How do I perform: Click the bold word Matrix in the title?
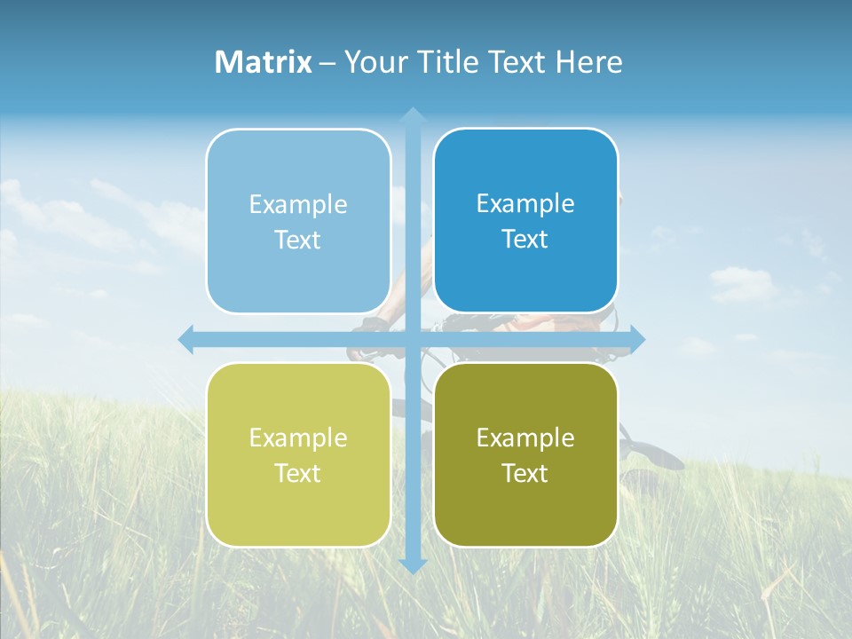tap(264, 62)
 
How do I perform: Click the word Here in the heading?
tap(588, 62)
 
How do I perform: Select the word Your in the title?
tap(374, 62)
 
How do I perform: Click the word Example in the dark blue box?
tap(525, 203)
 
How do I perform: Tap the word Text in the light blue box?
tap(298, 241)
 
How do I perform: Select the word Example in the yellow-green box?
tap(298, 438)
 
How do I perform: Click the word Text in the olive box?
tap(525, 474)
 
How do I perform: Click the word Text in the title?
tap(514, 62)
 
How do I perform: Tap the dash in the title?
tap(327, 63)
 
